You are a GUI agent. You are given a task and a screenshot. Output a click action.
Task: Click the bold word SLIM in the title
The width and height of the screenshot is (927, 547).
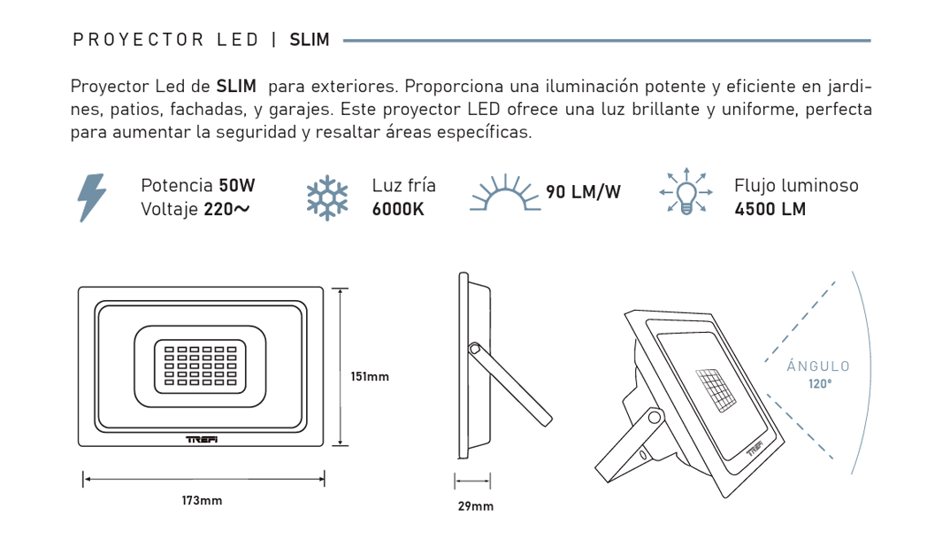coord(310,40)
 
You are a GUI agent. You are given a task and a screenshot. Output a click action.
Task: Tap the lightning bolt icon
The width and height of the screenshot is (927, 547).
coord(92,197)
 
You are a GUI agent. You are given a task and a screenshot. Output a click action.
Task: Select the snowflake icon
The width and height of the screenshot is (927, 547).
coord(327,197)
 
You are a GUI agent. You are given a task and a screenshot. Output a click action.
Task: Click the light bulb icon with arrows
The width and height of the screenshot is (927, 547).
coord(686,191)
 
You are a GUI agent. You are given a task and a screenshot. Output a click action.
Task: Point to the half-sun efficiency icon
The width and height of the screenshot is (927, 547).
coord(505,192)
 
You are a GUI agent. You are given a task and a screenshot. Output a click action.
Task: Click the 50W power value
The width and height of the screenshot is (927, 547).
coord(236,185)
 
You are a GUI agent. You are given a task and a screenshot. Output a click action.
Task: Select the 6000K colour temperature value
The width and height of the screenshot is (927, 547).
coord(398,210)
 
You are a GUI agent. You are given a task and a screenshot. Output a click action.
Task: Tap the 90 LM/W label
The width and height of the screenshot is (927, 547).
coord(583,192)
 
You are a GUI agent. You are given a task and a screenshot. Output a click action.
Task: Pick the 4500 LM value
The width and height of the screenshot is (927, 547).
coord(770,210)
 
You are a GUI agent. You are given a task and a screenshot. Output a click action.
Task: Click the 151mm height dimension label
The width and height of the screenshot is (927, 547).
coord(370,377)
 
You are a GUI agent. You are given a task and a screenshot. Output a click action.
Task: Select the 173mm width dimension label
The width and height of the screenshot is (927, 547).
coord(202,501)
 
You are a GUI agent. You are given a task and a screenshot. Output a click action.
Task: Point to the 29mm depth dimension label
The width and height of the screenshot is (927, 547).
coord(475,506)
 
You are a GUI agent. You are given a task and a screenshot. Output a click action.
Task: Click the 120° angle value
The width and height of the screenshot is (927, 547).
coord(820,384)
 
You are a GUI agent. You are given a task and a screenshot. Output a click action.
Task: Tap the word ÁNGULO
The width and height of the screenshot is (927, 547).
coord(818,366)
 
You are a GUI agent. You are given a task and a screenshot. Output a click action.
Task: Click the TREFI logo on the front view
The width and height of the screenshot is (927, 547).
coord(202,439)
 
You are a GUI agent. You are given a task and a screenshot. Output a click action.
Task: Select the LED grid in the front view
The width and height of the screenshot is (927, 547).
coord(201,366)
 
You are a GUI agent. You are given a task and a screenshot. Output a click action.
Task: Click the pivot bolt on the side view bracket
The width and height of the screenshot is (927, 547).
coord(474,349)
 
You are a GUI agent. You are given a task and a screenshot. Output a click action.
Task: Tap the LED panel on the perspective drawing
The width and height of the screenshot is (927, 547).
coord(716,391)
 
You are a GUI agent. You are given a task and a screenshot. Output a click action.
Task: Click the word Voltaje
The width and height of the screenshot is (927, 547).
coord(169,210)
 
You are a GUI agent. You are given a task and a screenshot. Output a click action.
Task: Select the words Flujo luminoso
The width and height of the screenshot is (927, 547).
coord(796,185)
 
